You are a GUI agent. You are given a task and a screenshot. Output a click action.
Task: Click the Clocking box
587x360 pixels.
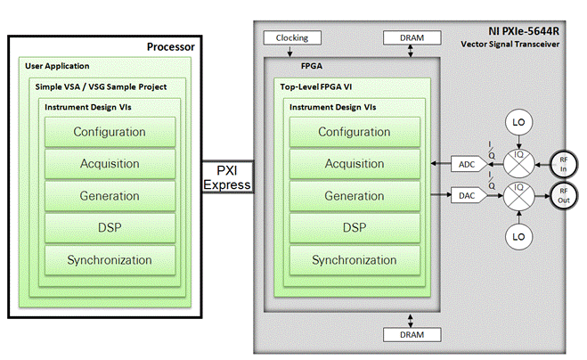point(291,39)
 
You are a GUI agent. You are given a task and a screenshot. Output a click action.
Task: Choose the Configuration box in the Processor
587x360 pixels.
point(110,132)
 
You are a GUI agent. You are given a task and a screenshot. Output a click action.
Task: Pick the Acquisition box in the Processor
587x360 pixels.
point(110,164)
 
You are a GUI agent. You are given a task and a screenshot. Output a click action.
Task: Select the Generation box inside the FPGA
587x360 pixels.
point(355,196)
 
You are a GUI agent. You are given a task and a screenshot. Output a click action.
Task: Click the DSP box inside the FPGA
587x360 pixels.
point(355,228)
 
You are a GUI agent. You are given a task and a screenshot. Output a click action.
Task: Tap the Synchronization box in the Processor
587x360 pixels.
point(110,260)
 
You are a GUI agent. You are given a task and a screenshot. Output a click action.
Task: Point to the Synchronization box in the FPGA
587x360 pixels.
point(355,260)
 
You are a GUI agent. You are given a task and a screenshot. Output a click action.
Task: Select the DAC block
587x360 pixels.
point(468,193)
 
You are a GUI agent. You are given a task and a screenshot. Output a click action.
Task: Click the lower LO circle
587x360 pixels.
point(518,238)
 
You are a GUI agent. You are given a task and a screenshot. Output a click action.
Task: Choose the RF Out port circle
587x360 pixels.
point(562,194)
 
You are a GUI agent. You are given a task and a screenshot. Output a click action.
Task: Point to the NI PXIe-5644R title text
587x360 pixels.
point(526,31)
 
